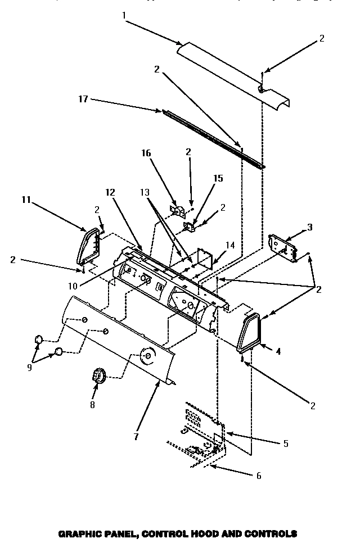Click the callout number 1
click(x=123, y=16)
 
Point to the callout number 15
click(x=218, y=178)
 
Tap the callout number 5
click(x=286, y=444)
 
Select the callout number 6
click(x=258, y=476)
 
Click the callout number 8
click(x=93, y=404)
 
